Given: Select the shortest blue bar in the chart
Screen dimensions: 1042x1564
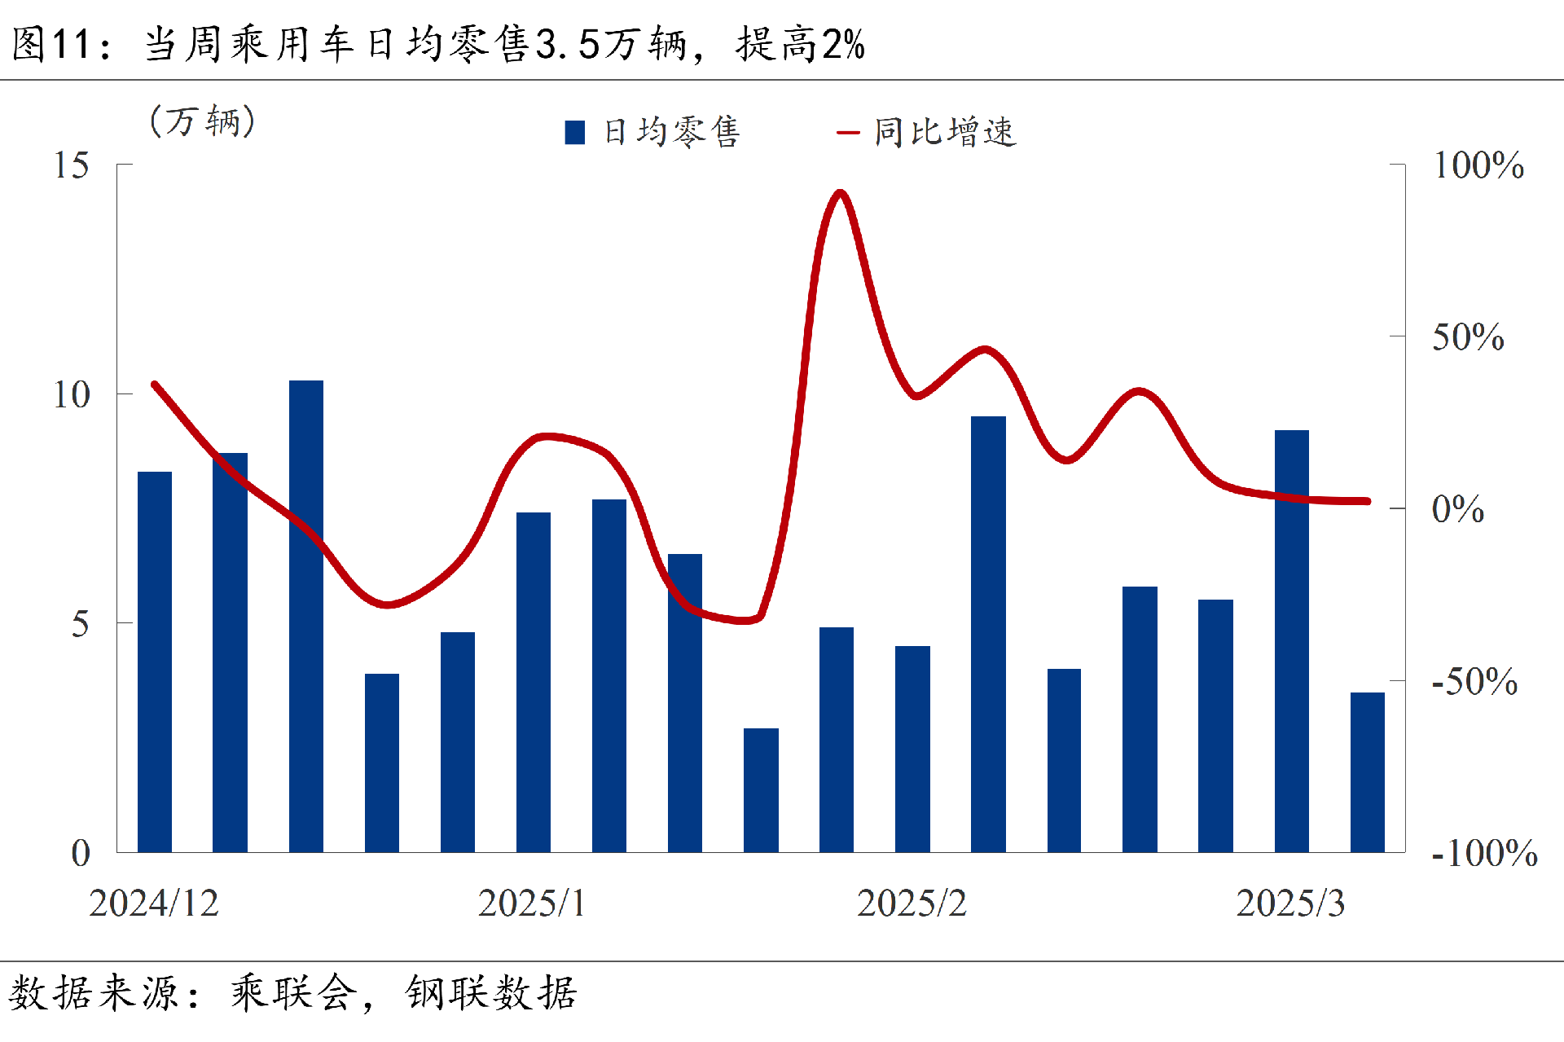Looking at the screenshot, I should [x=761, y=789].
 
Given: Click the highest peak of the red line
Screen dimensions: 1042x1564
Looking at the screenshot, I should [x=840, y=193].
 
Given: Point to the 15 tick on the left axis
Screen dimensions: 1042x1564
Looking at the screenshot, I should [x=72, y=165].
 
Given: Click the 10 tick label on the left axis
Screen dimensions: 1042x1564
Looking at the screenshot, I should [x=72, y=395].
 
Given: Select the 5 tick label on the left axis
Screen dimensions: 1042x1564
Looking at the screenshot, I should [x=80, y=625].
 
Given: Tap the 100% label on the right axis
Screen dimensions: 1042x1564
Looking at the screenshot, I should [x=1478, y=165].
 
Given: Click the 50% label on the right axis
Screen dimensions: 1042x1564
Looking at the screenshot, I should [x=1468, y=337].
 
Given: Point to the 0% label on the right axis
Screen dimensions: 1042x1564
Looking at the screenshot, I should [x=1458, y=509].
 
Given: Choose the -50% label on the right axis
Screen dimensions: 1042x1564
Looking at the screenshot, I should [x=1474, y=682].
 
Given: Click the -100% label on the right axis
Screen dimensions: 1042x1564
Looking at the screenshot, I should [x=1484, y=854].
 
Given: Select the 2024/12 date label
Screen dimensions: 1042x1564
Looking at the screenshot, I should [x=154, y=904].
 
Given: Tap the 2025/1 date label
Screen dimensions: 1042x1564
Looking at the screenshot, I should [x=532, y=904].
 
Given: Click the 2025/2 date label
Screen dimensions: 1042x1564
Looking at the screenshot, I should [x=912, y=904].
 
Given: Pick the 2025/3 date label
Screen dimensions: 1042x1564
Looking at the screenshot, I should [x=1290, y=904].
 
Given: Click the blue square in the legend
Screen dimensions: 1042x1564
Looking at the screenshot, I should [x=575, y=133].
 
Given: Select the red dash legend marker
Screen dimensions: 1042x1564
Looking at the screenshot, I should [x=848, y=133].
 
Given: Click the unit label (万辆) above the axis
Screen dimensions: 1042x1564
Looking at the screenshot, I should [x=203, y=121].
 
